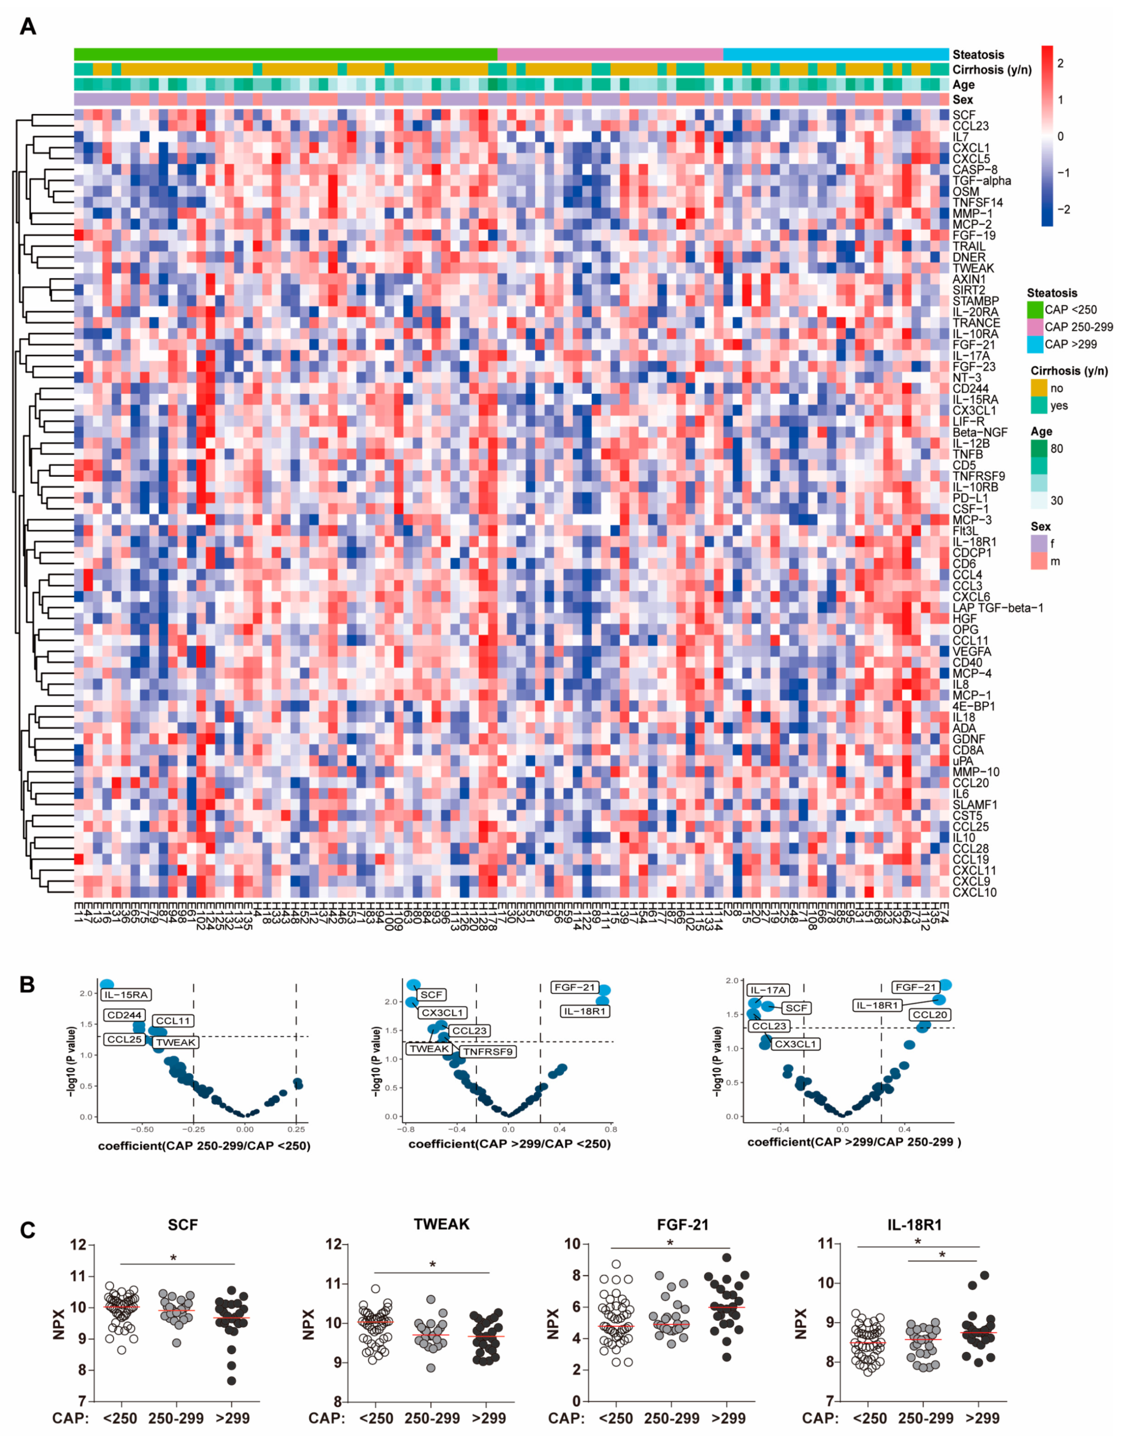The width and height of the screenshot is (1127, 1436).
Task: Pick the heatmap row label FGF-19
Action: point(973,235)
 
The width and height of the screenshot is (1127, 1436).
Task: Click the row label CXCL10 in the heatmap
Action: point(974,893)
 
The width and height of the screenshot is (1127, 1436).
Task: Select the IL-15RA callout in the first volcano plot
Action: point(125,994)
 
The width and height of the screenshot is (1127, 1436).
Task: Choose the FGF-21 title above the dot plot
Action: point(682,1225)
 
